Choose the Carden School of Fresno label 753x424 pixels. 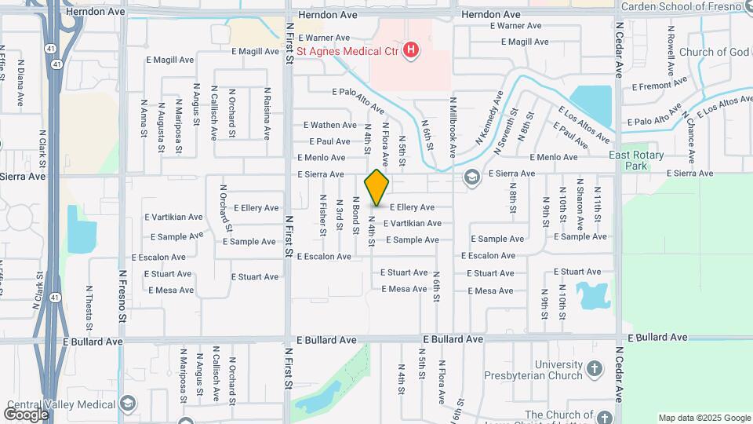681,7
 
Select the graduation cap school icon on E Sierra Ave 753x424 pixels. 471,176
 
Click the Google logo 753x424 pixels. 26,414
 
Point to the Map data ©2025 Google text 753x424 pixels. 704,418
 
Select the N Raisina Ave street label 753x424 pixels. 267,114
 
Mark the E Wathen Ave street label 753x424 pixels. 330,125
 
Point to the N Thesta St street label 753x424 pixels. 89,308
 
